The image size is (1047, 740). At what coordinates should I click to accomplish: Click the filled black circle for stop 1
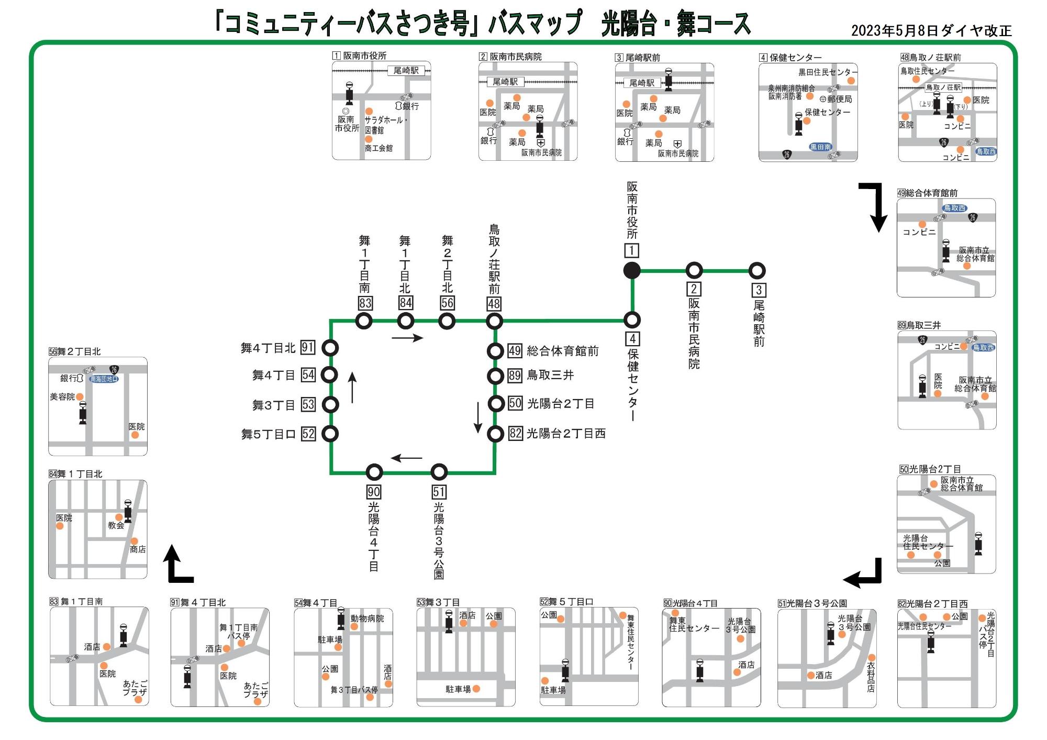[632, 270]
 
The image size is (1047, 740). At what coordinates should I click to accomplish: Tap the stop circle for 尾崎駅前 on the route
[757, 271]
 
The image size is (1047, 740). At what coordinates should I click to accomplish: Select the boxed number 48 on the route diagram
[494, 304]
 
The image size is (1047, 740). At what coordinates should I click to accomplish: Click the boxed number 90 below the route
[374, 492]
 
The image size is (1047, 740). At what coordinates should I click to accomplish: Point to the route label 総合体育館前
[563, 351]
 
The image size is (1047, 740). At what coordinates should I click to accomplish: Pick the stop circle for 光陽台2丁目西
[495, 434]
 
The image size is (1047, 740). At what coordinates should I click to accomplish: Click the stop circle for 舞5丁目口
[330, 434]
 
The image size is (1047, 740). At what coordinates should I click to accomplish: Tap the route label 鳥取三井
[550, 375]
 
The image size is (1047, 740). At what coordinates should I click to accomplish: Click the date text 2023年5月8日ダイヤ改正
[931, 30]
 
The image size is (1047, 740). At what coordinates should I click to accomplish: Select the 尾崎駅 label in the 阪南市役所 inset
[406, 70]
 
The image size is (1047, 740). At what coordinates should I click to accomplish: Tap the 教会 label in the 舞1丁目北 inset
[116, 525]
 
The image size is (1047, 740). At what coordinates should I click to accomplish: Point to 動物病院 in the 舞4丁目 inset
[367, 618]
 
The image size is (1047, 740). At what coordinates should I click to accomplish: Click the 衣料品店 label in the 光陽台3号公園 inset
[871, 677]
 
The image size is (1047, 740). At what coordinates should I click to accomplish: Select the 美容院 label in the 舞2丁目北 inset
[62, 397]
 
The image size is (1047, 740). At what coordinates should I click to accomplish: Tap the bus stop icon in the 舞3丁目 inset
[449, 622]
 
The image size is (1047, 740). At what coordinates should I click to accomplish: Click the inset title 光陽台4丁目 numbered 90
[690, 603]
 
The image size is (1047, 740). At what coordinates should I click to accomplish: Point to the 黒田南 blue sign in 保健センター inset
[820, 147]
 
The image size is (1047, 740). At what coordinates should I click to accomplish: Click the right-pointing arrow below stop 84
[407, 338]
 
